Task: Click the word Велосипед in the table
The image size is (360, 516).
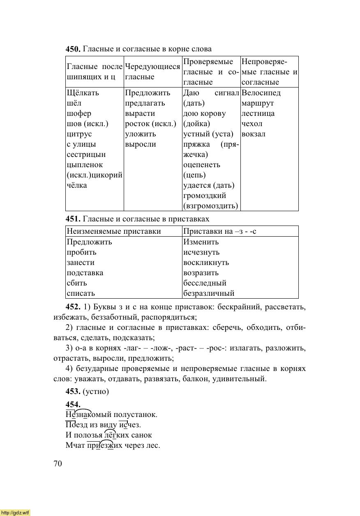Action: (261, 93)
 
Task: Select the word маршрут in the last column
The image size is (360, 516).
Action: (258, 103)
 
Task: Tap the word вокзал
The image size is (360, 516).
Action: (254, 134)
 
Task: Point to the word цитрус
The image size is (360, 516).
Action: (79, 134)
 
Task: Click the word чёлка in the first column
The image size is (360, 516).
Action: (77, 185)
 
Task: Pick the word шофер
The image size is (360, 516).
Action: (79, 113)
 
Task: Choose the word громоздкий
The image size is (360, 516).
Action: (205, 196)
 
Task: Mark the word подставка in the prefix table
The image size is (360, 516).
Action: (85, 273)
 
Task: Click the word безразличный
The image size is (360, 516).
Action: (209, 293)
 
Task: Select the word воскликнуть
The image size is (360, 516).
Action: (206, 263)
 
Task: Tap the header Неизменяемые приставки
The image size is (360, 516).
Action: (114, 231)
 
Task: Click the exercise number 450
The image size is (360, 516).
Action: (73, 49)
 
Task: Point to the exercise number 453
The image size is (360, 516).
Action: (73, 392)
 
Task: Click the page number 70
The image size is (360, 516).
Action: (58, 464)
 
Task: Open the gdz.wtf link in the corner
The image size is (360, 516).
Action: (15, 512)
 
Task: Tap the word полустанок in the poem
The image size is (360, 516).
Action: (138, 415)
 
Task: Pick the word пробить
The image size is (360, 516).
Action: (81, 252)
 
